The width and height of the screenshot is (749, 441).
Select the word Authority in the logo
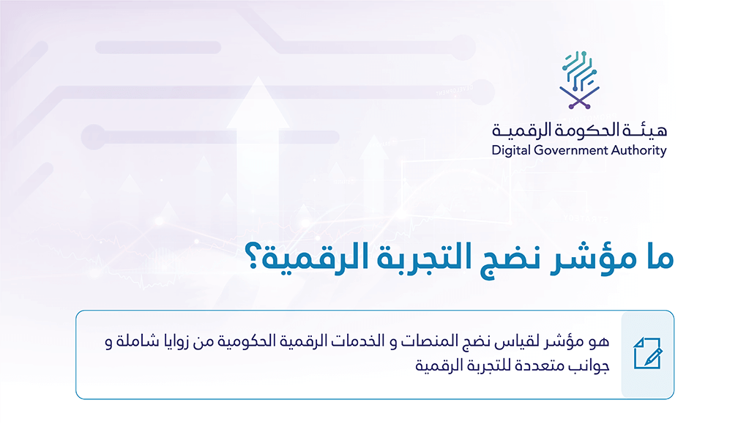click(x=641, y=151)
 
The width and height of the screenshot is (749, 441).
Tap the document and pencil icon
click(x=647, y=355)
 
